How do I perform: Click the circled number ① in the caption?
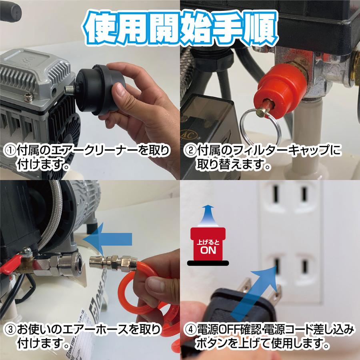(x=9, y=151)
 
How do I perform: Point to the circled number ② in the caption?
(x=189, y=151)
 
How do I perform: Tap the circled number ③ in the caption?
(x=9, y=330)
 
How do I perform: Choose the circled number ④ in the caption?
(x=189, y=330)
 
